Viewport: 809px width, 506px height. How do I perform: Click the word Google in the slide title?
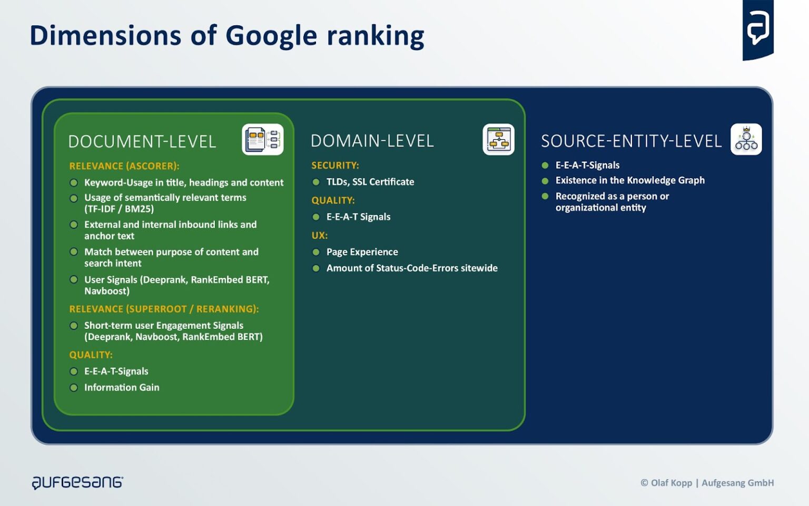pos(271,36)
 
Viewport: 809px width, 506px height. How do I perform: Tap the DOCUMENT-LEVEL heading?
pos(142,142)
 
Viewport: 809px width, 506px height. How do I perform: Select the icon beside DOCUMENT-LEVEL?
pos(262,140)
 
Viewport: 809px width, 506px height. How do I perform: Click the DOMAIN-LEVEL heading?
pos(372,141)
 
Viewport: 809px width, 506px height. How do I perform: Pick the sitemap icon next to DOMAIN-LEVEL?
pos(498,140)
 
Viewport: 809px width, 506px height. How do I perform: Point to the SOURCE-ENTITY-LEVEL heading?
pos(631,141)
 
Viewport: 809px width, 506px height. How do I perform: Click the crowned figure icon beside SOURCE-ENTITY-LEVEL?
pos(746,140)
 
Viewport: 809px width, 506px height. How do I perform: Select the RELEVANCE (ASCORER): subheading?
pos(124,166)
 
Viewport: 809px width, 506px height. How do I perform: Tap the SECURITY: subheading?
pos(335,166)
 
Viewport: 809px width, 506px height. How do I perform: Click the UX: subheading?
pos(319,236)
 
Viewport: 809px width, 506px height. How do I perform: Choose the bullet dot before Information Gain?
pos(74,388)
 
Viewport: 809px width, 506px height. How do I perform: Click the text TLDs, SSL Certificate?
pos(370,182)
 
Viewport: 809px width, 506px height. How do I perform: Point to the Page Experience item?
pos(362,252)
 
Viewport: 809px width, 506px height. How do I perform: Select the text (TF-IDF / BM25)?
pos(119,209)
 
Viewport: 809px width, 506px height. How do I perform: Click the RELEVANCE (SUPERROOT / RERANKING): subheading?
pos(164,309)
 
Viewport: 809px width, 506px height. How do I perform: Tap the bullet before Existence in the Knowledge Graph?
pos(545,181)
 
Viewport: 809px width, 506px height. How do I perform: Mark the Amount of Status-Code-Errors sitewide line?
pos(411,268)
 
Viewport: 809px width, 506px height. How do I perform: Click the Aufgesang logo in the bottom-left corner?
pos(77,482)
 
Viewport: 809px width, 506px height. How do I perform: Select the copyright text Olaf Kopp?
pos(671,483)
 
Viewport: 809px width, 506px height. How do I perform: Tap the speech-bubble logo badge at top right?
pos(757,30)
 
